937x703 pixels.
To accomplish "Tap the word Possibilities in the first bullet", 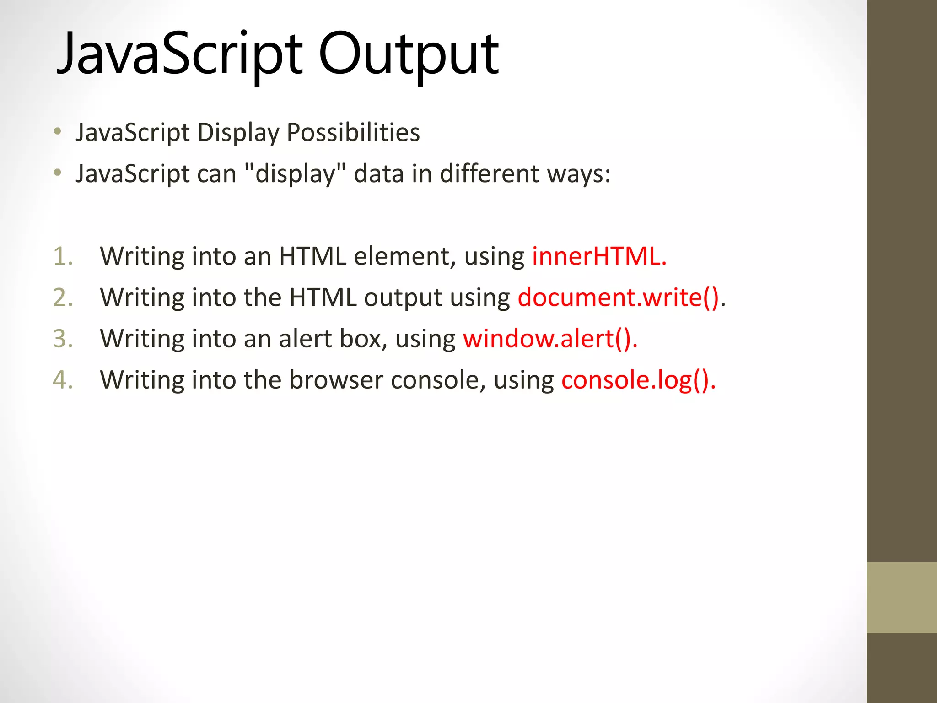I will (353, 133).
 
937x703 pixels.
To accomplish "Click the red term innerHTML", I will (599, 256).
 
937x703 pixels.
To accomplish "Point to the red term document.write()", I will (619, 297).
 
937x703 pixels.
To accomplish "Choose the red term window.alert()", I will (550, 339).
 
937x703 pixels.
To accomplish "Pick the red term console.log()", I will (638, 380).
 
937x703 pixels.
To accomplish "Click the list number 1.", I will (63, 256).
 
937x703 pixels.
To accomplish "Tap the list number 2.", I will (63, 297).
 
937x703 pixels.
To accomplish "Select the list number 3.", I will (63, 339).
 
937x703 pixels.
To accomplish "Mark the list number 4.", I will (63, 380).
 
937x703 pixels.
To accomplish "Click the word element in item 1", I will (405, 256).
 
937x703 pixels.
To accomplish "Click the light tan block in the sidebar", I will (901, 597).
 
